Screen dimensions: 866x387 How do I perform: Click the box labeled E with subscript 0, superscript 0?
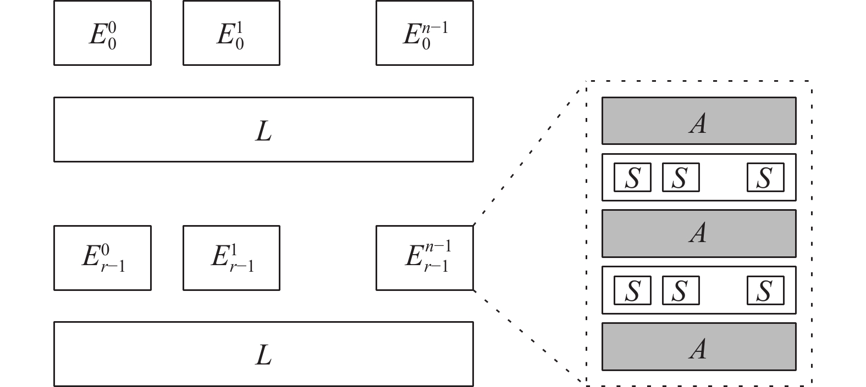(102, 33)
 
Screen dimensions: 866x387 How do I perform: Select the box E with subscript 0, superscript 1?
(231, 33)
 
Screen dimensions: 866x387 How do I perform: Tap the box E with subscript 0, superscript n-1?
(424, 33)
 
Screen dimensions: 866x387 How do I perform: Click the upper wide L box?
(264, 129)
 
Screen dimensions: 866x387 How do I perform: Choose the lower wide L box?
(264, 354)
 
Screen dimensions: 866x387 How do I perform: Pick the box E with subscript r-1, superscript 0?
(102, 258)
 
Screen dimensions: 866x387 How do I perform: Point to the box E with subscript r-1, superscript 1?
(231, 258)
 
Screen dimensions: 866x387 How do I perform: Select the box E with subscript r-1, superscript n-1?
(424, 258)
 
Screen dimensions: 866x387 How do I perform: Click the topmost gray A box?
(699, 121)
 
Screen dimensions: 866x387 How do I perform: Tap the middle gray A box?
(699, 233)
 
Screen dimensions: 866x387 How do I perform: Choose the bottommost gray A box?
(699, 346)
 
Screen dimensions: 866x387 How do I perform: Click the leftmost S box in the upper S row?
(632, 177)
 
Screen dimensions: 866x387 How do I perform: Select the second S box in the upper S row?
(681, 177)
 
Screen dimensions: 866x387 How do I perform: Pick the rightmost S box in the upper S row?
(765, 177)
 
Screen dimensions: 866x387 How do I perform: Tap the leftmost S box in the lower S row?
(632, 290)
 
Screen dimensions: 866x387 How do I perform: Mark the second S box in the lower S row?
(681, 290)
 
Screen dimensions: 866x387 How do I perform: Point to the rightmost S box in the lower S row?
(765, 290)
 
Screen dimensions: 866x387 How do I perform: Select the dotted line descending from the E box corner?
(528, 336)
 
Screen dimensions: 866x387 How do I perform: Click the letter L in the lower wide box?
(264, 355)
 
